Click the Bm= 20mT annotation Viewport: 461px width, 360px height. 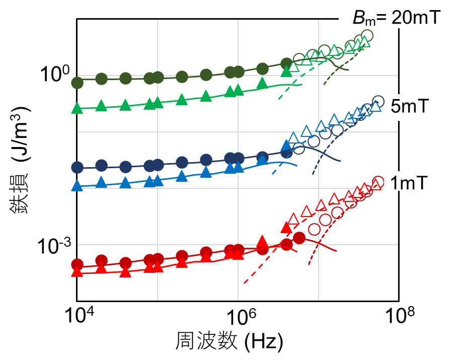396,18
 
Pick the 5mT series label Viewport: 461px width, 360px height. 408,106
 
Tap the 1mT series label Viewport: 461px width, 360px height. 409,184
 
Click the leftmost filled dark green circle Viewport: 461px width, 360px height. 78,83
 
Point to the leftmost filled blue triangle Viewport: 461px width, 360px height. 77,186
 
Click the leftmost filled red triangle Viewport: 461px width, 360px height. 77,272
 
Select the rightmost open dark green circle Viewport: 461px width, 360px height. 367,36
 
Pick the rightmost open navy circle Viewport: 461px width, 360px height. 378,101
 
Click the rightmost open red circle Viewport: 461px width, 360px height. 378,182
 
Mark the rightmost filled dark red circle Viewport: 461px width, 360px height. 299,238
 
